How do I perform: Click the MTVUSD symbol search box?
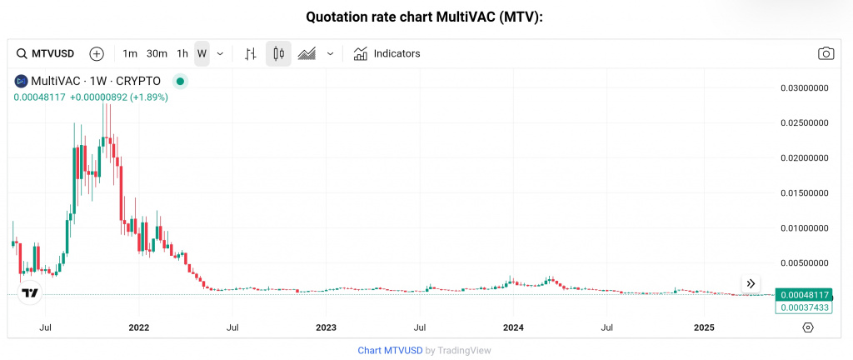(x=47, y=53)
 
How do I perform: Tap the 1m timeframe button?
(x=130, y=53)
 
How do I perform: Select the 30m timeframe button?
(x=157, y=53)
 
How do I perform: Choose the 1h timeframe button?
(x=182, y=53)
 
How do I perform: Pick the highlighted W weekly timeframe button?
(x=202, y=53)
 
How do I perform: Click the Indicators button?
(x=387, y=53)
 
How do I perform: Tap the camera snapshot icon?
(x=826, y=53)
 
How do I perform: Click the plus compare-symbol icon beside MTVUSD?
(x=97, y=53)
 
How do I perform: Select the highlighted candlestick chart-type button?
(x=278, y=53)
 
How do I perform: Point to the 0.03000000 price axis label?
(x=804, y=87)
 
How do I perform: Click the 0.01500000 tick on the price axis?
(x=804, y=192)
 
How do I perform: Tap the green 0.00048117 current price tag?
(x=804, y=295)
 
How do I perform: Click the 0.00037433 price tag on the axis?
(x=804, y=307)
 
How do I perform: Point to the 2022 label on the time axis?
(x=138, y=327)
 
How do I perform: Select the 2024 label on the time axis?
(x=513, y=327)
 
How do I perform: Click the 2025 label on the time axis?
(x=704, y=327)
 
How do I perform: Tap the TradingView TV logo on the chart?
(x=31, y=293)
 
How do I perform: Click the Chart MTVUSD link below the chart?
(x=390, y=350)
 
